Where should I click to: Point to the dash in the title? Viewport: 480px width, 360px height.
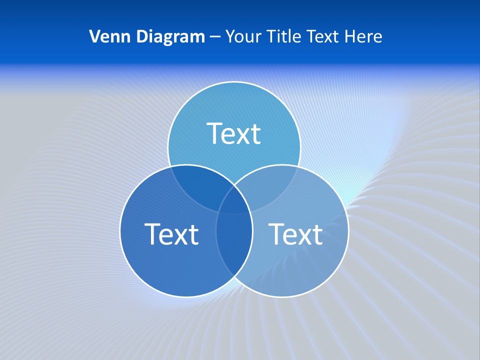[215, 37]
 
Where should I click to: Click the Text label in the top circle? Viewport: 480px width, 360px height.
[234, 133]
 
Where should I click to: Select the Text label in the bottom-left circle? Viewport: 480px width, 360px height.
[171, 234]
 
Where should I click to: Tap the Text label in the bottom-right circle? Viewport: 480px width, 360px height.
[296, 234]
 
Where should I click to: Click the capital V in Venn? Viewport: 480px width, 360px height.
[94, 36]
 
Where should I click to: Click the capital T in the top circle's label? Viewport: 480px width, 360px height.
[214, 133]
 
